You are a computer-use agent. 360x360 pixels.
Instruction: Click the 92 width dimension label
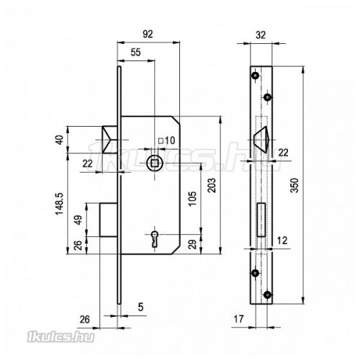(x=148, y=34)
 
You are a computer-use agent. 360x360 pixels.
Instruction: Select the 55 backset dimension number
(x=135, y=53)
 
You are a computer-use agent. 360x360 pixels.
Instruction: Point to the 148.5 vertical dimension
(x=59, y=204)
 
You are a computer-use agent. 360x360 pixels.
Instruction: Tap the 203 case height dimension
(x=212, y=185)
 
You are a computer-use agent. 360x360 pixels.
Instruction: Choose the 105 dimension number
(x=192, y=199)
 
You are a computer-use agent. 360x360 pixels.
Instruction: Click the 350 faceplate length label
(x=294, y=185)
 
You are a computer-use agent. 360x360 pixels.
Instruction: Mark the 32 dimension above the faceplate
(x=261, y=35)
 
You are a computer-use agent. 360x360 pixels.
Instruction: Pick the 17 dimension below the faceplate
(x=238, y=319)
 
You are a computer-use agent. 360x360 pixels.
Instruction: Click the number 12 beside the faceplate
(x=282, y=240)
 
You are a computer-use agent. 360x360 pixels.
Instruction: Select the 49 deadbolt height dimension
(x=78, y=220)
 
